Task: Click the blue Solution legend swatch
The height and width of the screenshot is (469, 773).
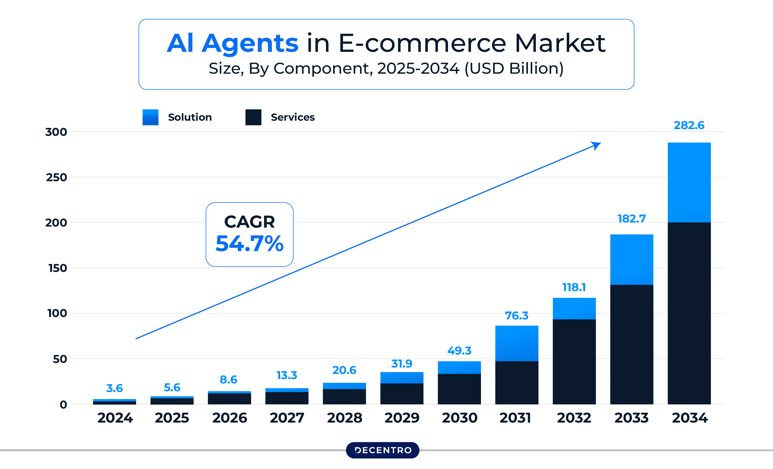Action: (x=150, y=117)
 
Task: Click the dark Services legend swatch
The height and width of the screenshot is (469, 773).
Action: (x=253, y=117)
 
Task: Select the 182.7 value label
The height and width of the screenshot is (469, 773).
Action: (x=632, y=218)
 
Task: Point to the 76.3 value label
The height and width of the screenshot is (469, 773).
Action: (x=516, y=315)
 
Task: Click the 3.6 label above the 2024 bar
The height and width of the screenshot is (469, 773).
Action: (x=114, y=388)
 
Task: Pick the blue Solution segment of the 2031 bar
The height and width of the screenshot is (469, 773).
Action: (x=516, y=343)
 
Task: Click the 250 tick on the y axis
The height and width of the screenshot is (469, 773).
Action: (x=56, y=177)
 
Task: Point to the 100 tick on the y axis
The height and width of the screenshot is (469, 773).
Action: (x=57, y=313)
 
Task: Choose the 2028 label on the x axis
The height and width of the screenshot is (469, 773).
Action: (x=344, y=418)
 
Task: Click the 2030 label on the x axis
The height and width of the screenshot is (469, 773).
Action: (x=459, y=418)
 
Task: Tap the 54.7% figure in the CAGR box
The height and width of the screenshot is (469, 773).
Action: (x=249, y=244)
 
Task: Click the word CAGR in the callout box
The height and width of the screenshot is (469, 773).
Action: (x=249, y=222)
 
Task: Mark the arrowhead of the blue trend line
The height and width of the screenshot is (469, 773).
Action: (x=596, y=145)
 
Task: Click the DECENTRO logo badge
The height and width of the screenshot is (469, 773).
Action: (x=382, y=450)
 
